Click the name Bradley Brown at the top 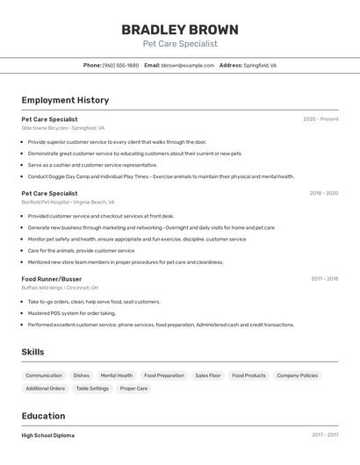pos(180,29)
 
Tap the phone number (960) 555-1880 pos(120,65)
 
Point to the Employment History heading pos(65,100)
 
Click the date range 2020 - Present pos(320,119)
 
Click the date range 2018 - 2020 pos(323,193)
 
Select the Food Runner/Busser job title pos(52,279)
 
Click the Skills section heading pos(33,352)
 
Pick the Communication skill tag pos(44,376)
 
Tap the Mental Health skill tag pos(117,376)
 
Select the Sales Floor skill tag pos(208,376)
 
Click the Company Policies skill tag pos(297,376)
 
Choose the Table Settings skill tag pos(92,389)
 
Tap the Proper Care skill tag pos(134,389)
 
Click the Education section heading pos(43,416)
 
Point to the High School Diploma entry pos(47,435)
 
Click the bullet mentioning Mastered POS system pos(71,313)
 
